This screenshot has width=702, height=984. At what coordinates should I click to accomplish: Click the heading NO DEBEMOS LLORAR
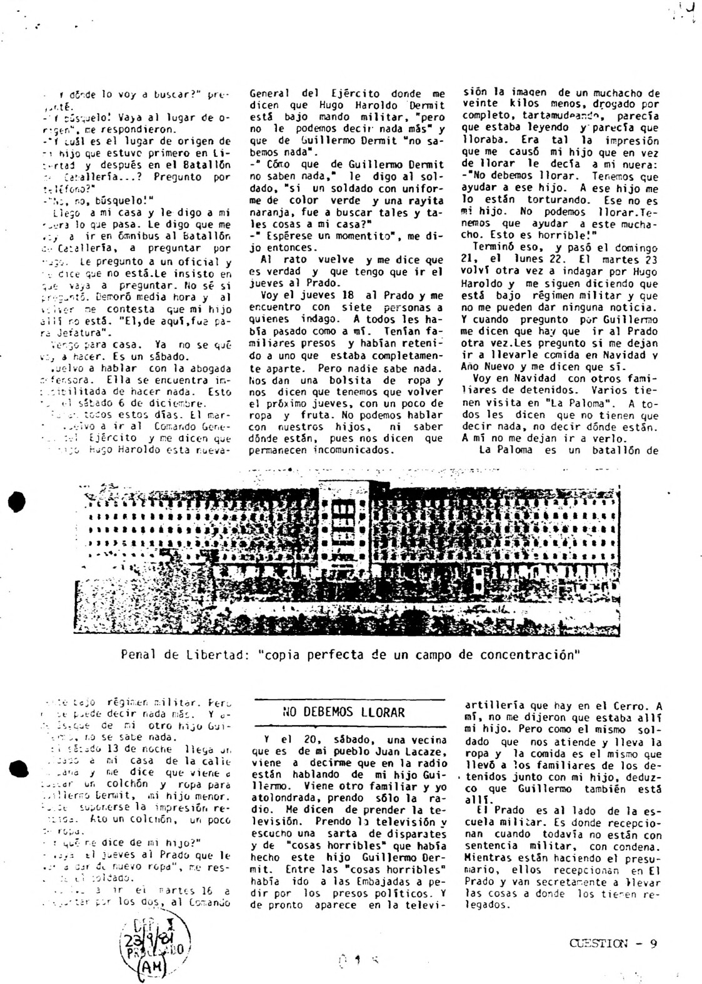tap(343, 712)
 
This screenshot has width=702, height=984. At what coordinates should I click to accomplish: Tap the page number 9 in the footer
tap(653, 945)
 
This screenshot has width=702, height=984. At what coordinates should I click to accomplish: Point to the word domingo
tap(636, 248)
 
